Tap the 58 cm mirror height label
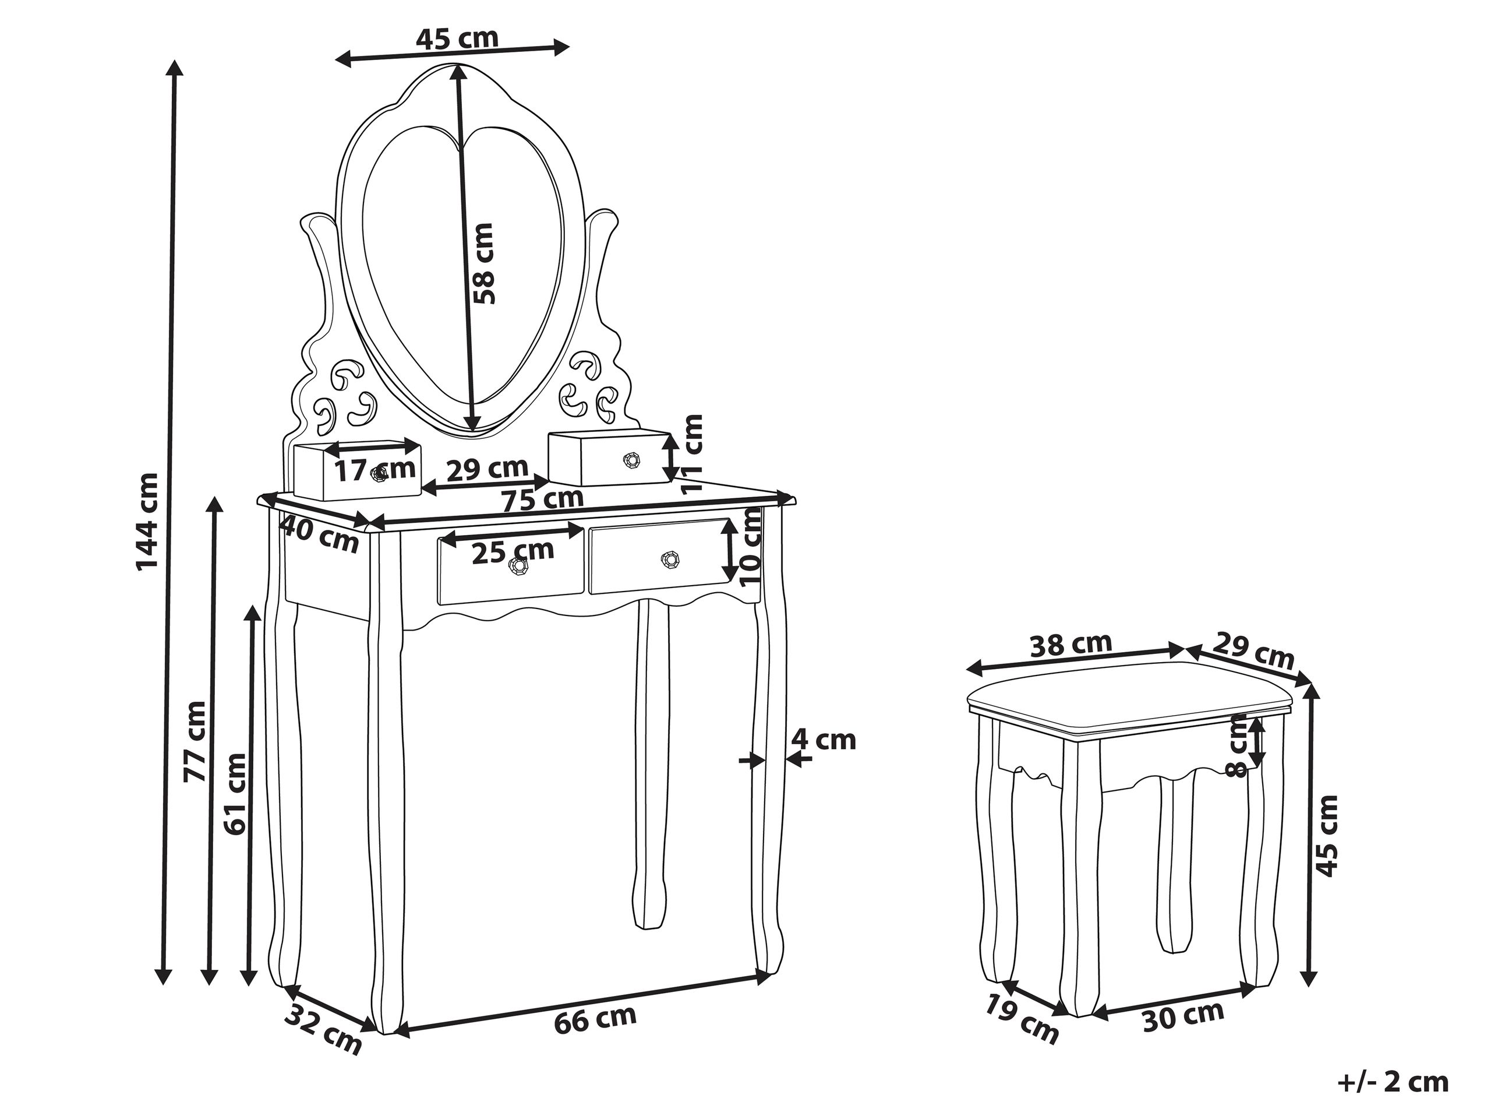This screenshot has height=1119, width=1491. [483, 263]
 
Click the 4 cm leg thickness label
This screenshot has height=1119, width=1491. [823, 740]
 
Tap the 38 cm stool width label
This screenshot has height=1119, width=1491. [1070, 646]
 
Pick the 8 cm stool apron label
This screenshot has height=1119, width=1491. [1239, 747]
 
